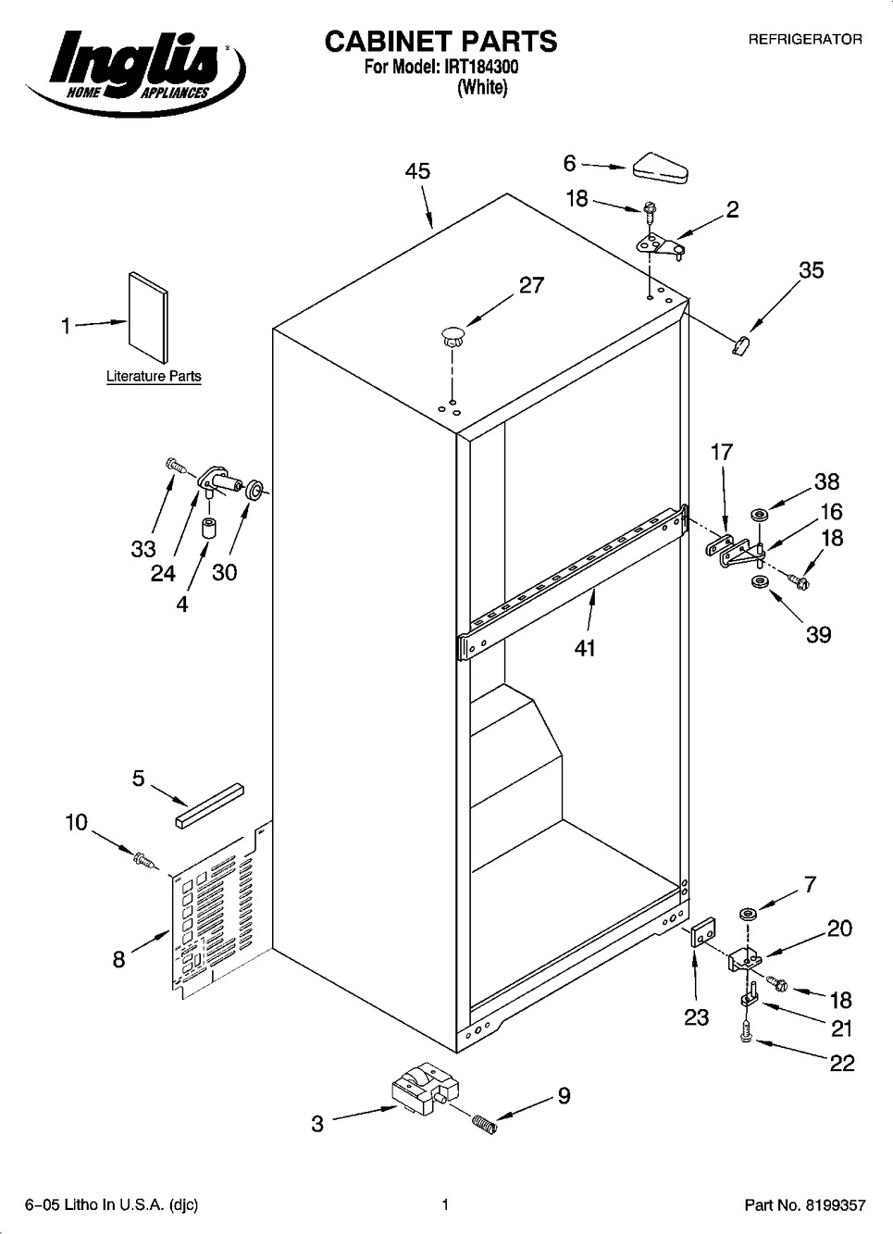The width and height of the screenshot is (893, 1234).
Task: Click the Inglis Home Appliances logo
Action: (135, 70)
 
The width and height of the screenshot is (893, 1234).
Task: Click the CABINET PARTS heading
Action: (440, 42)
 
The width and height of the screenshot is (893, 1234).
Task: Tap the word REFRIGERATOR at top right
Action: (804, 40)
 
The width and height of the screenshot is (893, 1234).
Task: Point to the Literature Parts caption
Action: (154, 376)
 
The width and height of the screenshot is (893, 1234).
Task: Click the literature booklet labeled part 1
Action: (148, 318)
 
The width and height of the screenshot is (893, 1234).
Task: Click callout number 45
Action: (417, 171)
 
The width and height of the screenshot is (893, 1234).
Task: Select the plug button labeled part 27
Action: (452, 336)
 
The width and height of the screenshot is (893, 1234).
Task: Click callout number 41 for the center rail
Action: (585, 648)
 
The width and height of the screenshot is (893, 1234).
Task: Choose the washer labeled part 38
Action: (760, 516)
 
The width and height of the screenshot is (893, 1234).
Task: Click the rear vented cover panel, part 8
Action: (220, 909)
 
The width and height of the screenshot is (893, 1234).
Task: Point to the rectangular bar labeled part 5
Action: (210, 804)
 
